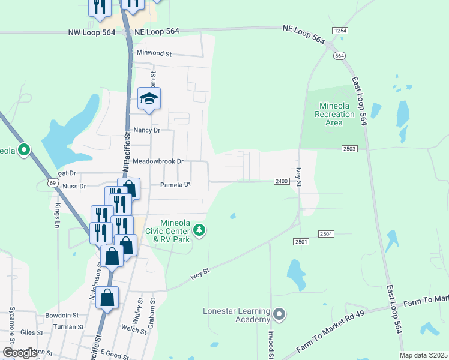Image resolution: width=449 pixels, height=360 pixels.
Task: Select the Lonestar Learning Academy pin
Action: [279, 314]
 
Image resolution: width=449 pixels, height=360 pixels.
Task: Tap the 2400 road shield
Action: [282, 181]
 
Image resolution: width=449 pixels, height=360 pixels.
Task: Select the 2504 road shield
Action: [326, 233]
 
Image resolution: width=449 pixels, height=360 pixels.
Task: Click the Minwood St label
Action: [154, 53]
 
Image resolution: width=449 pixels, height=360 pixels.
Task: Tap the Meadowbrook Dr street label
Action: [158, 162]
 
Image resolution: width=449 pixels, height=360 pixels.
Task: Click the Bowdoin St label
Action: [62, 315]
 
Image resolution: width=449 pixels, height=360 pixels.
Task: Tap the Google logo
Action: [20, 353]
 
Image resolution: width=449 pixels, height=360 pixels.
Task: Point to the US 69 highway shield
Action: [53, 182]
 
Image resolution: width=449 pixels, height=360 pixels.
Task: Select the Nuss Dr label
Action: [74, 187]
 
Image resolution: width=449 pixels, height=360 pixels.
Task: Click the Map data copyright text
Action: [423, 355]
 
